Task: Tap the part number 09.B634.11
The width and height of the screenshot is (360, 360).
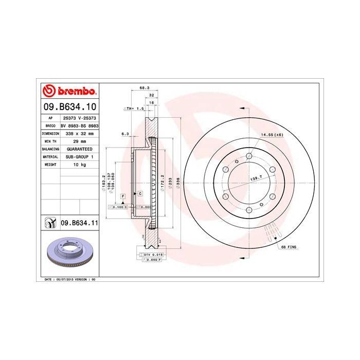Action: pos(79,223)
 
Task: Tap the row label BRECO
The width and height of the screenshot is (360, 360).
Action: pos(50,125)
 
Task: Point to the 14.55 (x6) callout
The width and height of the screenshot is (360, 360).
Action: pos(272,135)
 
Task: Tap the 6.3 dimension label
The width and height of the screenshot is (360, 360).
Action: pos(124,134)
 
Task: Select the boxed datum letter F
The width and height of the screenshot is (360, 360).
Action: pos(123,196)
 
